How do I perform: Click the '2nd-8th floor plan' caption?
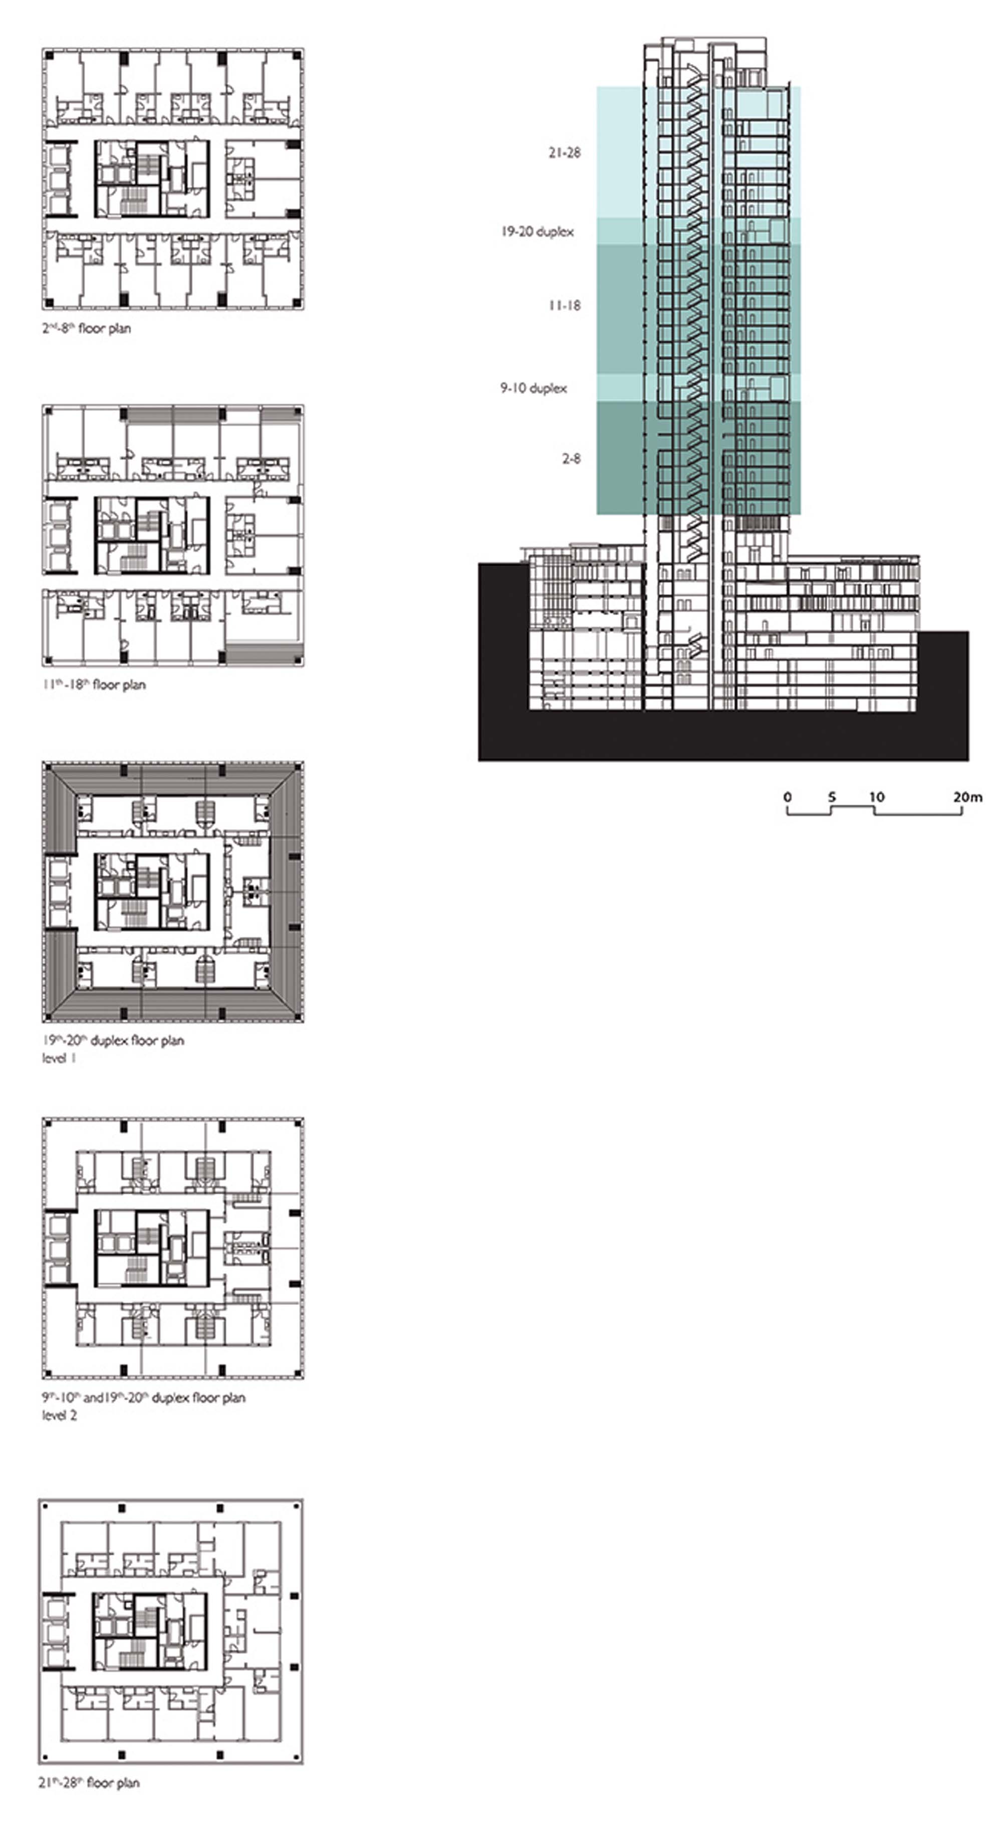point(86,328)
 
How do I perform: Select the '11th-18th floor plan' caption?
point(93,685)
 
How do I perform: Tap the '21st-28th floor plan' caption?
point(89,1782)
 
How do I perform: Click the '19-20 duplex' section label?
point(537,231)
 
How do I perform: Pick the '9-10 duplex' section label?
point(533,388)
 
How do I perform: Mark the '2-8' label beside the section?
point(571,459)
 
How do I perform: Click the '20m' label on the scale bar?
point(968,797)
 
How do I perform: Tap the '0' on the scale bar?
point(788,797)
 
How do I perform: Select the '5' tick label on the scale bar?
point(832,797)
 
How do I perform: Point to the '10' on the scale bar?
point(877,797)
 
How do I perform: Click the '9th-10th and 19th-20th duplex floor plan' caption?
point(143,1397)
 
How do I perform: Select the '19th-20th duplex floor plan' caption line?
point(112,1041)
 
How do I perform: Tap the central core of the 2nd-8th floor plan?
point(152,178)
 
